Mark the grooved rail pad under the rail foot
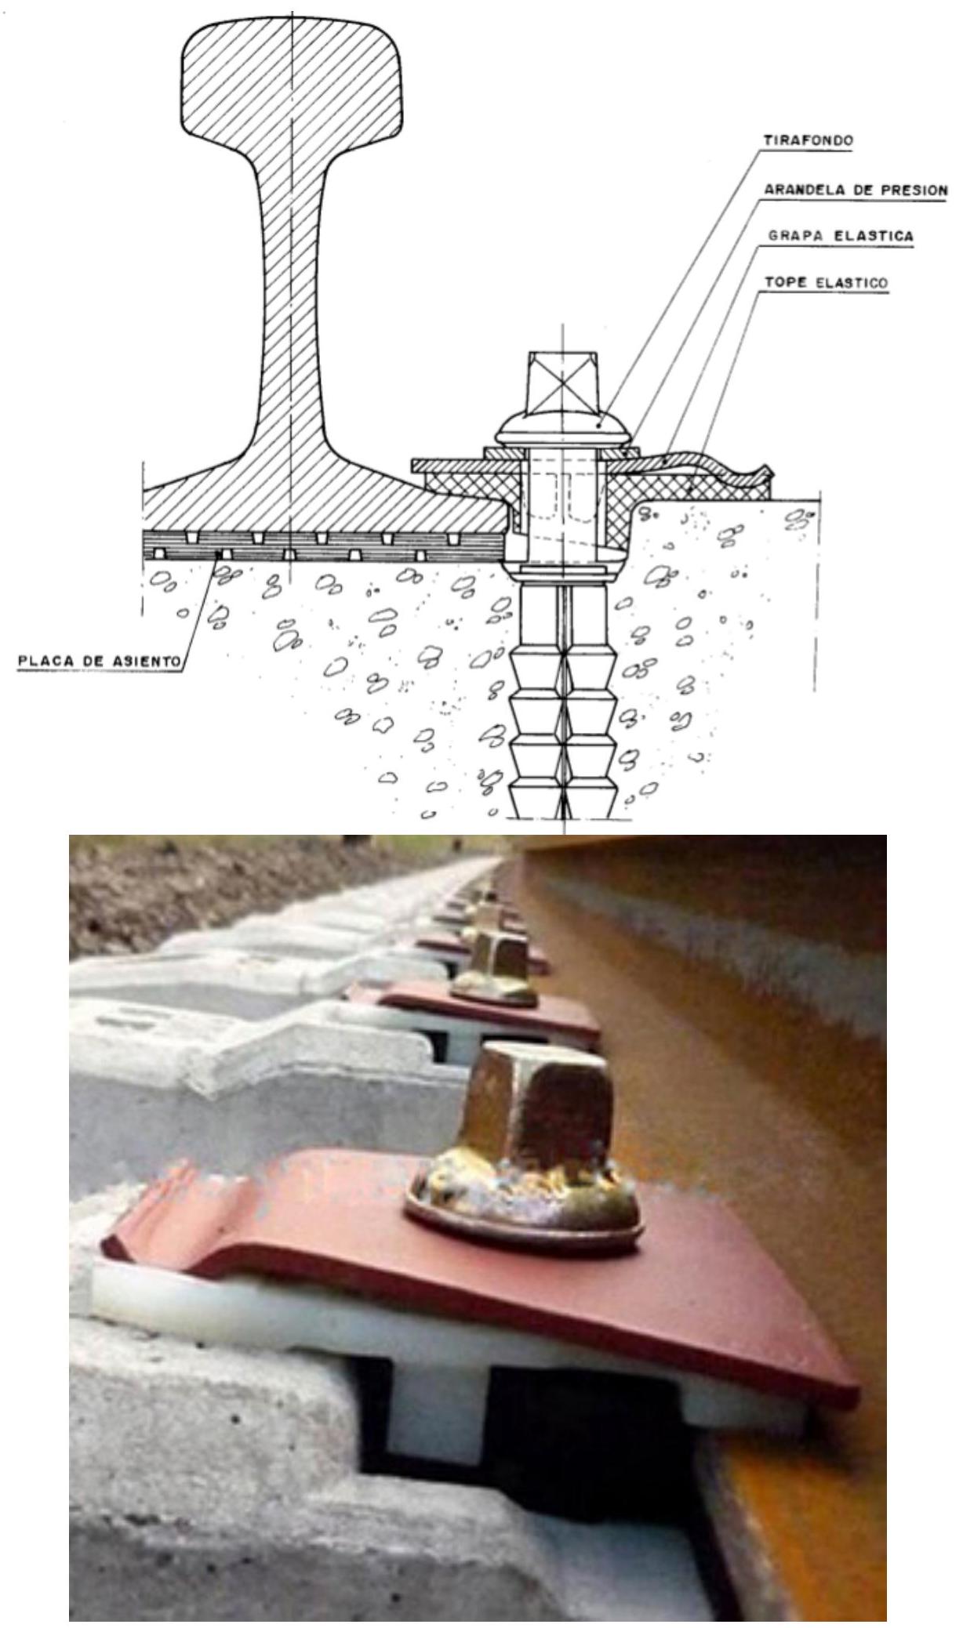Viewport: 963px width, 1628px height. click(322, 544)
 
